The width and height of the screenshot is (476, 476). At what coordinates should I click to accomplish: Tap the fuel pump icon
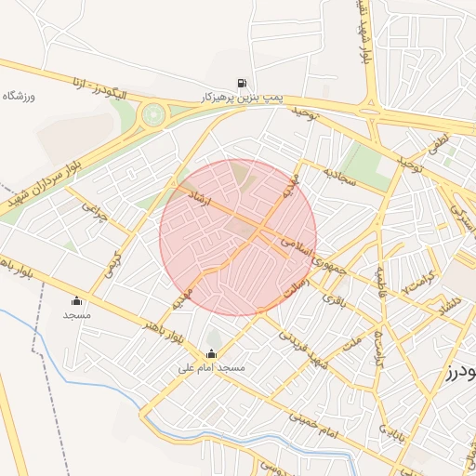point(243,82)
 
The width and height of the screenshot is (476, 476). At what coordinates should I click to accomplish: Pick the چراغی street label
point(96,216)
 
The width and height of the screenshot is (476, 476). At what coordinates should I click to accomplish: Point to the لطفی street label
point(438,143)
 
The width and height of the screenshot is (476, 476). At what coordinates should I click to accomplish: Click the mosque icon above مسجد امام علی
point(212,353)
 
